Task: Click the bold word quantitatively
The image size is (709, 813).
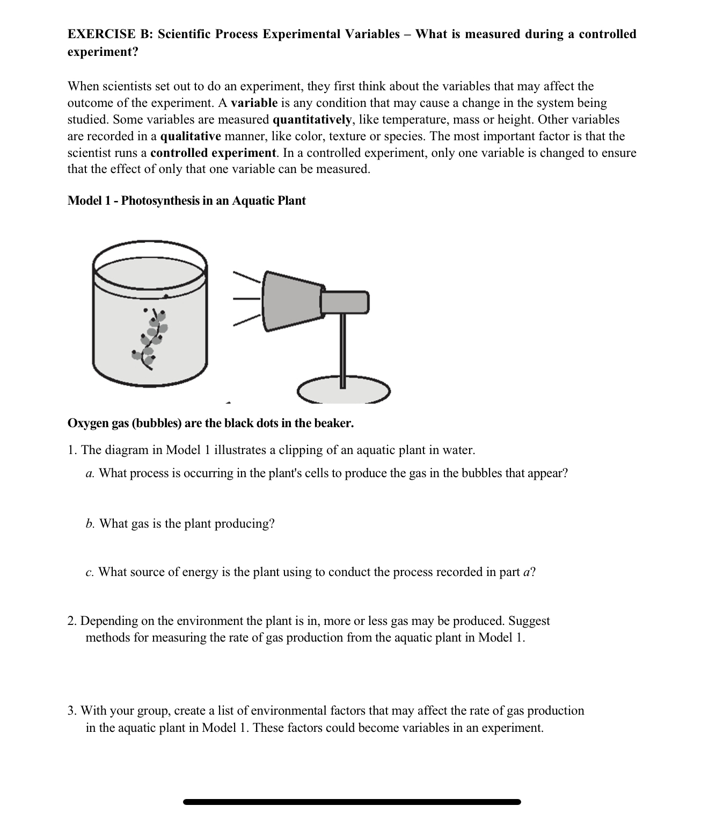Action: pyautogui.click(x=312, y=120)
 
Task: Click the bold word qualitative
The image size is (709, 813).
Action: pyautogui.click(x=190, y=136)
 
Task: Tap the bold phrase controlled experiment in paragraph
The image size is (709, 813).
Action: pyautogui.click(x=214, y=153)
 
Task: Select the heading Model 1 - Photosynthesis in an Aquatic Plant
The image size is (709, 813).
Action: pyautogui.click(x=186, y=201)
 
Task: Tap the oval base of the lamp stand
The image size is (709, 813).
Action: pyautogui.click(x=344, y=391)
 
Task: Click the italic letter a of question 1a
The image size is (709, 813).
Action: pyautogui.click(x=90, y=474)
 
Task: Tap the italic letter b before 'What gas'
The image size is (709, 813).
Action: pyautogui.click(x=90, y=524)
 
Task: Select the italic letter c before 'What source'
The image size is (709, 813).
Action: pyautogui.click(x=89, y=572)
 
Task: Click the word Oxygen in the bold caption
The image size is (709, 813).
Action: pyautogui.click(x=88, y=423)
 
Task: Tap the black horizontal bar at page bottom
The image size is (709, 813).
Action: pyautogui.click(x=352, y=802)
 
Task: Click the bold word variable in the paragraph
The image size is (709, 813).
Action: pyautogui.click(x=254, y=103)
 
